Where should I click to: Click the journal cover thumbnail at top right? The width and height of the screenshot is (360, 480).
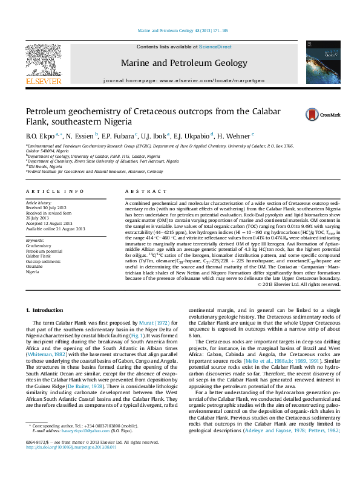pos(315,63)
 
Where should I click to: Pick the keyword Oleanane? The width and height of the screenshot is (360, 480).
pos(35,267)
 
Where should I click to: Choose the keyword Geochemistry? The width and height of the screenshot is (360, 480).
pos(38,246)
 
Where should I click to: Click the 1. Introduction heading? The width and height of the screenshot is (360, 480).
pos(47,310)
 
